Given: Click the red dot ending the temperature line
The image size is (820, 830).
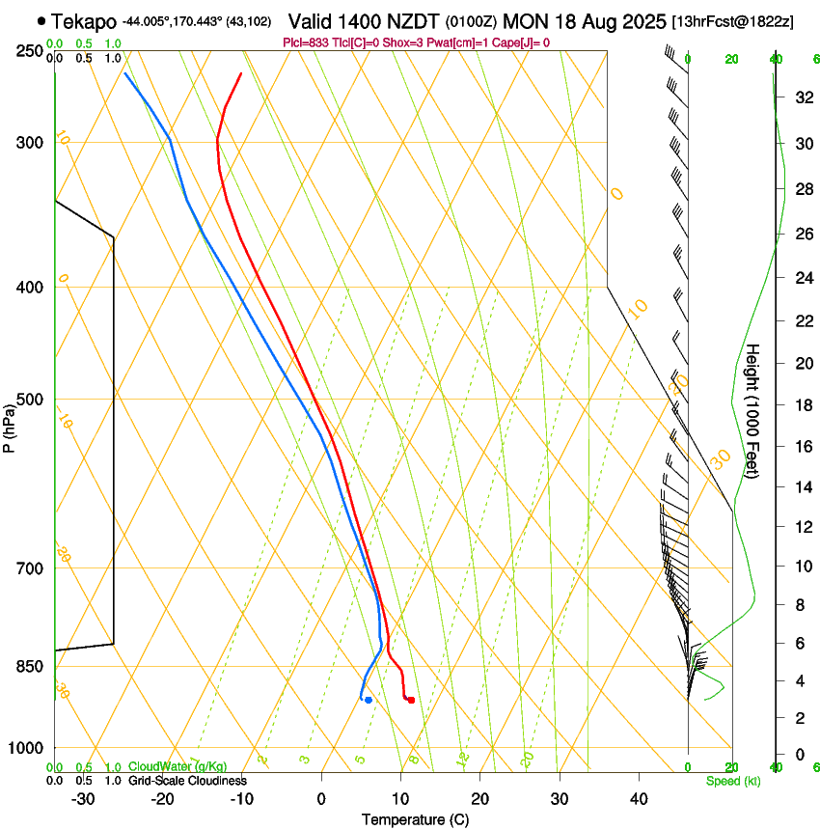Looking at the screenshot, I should coord(411,700).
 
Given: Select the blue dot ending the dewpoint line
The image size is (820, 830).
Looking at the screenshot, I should coord(369,700).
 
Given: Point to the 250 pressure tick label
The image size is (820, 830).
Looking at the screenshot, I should coord(30,51).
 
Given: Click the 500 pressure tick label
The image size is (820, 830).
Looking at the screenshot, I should coord(30,400).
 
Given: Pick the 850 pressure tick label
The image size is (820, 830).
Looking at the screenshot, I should coord(30,667).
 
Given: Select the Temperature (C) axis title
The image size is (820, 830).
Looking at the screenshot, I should coord(415,819).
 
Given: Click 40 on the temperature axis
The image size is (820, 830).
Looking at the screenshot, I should coord(639,799).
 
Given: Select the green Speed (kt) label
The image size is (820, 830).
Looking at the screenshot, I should coord(732,781).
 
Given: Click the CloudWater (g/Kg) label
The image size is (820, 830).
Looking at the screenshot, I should coord(177,767).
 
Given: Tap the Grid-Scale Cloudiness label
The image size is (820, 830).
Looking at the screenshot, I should coord(187,781).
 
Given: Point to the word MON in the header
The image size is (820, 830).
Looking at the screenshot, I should coord(524,20).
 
